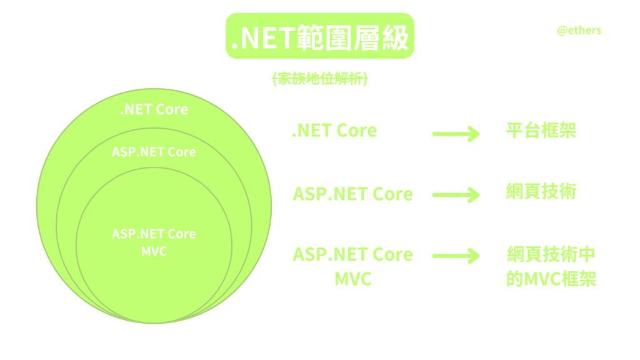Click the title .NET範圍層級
pos(319,37)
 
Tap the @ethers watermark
pos(579,30)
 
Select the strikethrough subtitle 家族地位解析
pos(320,79)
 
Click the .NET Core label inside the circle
pos(154,109)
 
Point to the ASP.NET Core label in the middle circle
pos(154,152)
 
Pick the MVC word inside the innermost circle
pos(154,251)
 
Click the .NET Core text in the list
pos(334,131)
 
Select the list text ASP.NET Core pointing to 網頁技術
pos(352,194)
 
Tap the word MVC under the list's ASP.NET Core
pos(353,278)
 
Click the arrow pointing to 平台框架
pos(456,133)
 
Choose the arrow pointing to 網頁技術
pos(456,194)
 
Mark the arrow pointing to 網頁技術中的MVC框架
pos(456,256)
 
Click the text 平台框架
pos(541,130)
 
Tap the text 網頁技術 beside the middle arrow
pos(541,191)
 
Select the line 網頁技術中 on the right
pos(551,254)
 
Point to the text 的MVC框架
pos(551,278)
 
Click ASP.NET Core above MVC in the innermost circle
pos(154,234)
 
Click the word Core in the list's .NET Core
pos(357,131)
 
